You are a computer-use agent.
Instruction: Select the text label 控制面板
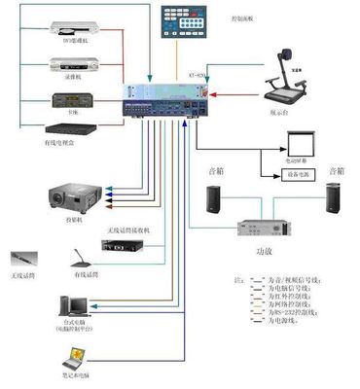[243, 18]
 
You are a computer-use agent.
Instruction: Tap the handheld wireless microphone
[23, 261]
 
